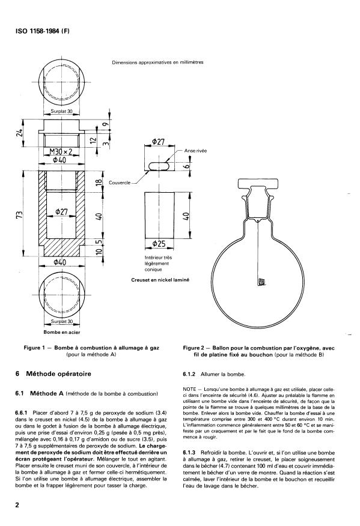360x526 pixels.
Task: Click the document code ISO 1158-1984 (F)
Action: (43, 31)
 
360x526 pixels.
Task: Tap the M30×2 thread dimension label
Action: (61, 152)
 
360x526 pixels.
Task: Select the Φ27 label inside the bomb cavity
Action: (61, 211)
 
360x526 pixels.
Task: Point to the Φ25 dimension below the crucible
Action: (159, 244)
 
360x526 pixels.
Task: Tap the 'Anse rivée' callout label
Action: (195, 151)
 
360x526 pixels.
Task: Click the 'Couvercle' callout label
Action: (120, 183)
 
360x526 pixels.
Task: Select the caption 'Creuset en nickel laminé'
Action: (160, 279)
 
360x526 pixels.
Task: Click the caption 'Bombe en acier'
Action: (62, 332)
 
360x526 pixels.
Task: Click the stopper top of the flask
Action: (258, 184)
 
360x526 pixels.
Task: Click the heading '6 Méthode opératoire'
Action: (53, 373)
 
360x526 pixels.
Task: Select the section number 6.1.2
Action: (189, 374)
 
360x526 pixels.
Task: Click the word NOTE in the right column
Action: (189, 390)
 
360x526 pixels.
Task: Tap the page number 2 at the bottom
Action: (17, 505)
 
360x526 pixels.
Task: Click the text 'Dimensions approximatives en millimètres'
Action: (158, 62)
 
